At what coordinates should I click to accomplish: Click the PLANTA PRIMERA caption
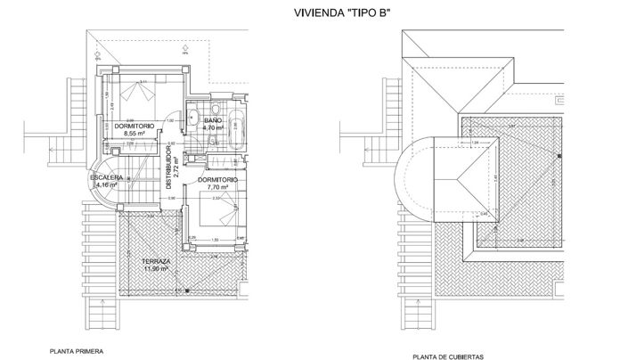(76, 351)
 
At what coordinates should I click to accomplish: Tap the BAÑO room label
(212, 119)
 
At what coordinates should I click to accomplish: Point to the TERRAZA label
(158, 260)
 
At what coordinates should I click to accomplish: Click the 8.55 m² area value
(135, 134)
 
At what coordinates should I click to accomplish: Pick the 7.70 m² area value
(218, 188)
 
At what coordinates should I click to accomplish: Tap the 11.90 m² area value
(158, 268)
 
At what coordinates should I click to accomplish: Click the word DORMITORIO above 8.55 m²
(135, 126)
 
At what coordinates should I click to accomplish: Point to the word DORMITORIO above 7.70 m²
(218, 180)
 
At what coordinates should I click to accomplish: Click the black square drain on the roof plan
(559, 156)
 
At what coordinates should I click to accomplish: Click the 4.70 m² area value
(212, 127)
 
